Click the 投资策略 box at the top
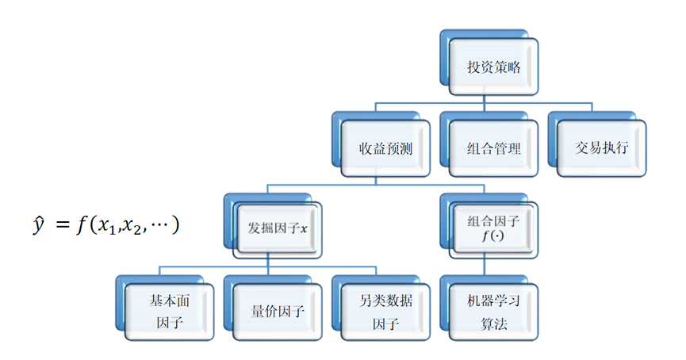click(x=493, y=67)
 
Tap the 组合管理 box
click(x=494, y=148)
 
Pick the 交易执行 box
click(x=603, y=148)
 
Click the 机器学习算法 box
click(x=493, y=312)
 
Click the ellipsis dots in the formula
click(x=163, y=226)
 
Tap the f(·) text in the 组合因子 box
click(x=493, y=236)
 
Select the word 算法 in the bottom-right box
click(x=493, y=323)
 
